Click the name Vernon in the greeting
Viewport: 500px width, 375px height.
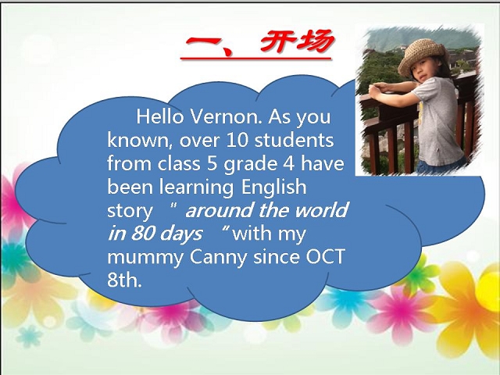click(226, 116)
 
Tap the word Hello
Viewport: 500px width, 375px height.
click(160, 116)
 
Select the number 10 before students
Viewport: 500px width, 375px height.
click(237, 141)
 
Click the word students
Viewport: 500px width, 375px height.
click(294, 141)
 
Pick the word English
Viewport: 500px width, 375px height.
click(274, 187)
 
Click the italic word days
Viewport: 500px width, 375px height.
click(180, 234)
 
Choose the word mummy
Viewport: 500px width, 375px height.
click(145, 258)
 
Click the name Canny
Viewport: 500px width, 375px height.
click(219, 258)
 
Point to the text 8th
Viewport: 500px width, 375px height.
click(124, 280)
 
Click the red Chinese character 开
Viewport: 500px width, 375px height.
click(276, 41)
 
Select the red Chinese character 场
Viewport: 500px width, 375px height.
click(315, 41)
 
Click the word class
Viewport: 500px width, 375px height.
click(179, 164)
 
